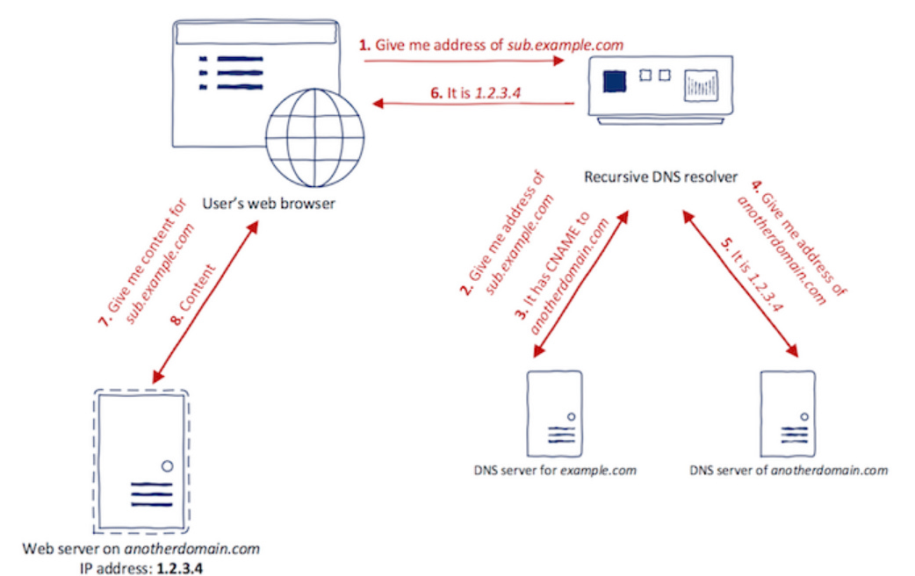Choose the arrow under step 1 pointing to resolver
point(465,61)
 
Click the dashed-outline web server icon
point(140,457)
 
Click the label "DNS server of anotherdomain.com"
point(789,471)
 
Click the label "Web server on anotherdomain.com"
point(141,549)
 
